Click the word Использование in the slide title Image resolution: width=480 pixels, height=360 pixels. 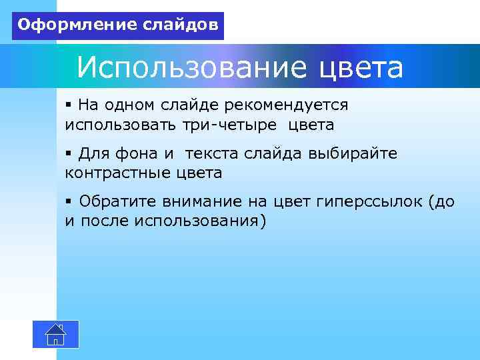[191, 67]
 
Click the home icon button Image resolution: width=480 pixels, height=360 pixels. [56, 334]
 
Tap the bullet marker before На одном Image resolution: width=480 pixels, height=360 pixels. [69, 105]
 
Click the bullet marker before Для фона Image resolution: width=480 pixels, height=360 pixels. [69, 154]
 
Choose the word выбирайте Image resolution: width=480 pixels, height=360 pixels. [353, 154]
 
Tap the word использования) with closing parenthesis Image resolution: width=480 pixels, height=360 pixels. [200, 221]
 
